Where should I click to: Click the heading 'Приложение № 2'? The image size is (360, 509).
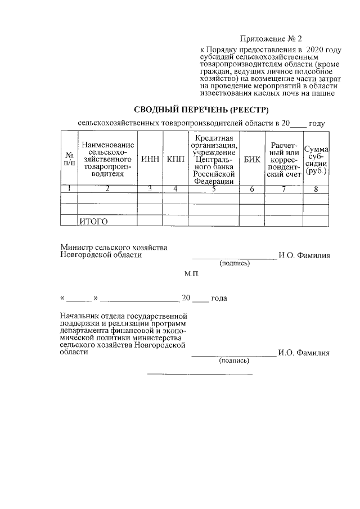[271, 39]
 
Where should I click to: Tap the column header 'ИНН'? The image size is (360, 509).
[150, 159]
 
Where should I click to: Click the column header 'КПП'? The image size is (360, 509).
[175, 159]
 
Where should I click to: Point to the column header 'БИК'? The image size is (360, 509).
[253, 159]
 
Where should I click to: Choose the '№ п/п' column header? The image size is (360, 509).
[69, 159]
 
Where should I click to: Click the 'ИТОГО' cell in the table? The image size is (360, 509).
[93, 221]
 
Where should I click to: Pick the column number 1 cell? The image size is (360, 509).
[69, 189]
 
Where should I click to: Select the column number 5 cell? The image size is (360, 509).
[214, 189]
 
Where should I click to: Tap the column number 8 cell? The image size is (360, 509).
[316, 189]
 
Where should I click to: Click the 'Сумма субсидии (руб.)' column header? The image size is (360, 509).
[316, 159]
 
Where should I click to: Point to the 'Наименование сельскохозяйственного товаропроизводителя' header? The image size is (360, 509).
[107, 159]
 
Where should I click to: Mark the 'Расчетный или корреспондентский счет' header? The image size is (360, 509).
[284, 159]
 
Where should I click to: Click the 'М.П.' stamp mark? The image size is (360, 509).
[191, 275]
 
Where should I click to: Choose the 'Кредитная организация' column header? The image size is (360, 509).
[214, 159]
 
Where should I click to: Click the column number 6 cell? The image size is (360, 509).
[253, 189]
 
